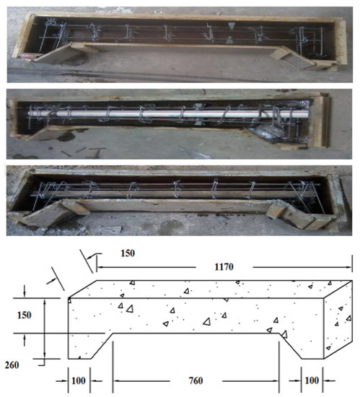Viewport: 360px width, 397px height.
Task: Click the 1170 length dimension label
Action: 224,267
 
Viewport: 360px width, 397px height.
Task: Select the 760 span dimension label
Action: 196,380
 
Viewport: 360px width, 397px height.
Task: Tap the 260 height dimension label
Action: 12,365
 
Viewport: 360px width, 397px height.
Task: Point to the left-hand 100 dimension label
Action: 79,380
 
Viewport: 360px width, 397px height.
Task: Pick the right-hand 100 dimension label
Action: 312,380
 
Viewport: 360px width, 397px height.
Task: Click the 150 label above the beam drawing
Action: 128,253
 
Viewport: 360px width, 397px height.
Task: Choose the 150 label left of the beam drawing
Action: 25,315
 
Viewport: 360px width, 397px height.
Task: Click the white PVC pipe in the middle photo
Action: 169,113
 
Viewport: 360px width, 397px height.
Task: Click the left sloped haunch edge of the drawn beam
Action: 102,346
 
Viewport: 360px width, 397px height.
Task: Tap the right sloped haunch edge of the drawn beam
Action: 290,346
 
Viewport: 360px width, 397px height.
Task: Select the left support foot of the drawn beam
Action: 79,346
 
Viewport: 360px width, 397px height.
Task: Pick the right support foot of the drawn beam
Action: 312,346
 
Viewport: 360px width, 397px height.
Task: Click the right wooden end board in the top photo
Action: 341,43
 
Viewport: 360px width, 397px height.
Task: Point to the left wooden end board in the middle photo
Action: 13,118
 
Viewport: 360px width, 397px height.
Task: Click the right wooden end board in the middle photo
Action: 320,121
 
